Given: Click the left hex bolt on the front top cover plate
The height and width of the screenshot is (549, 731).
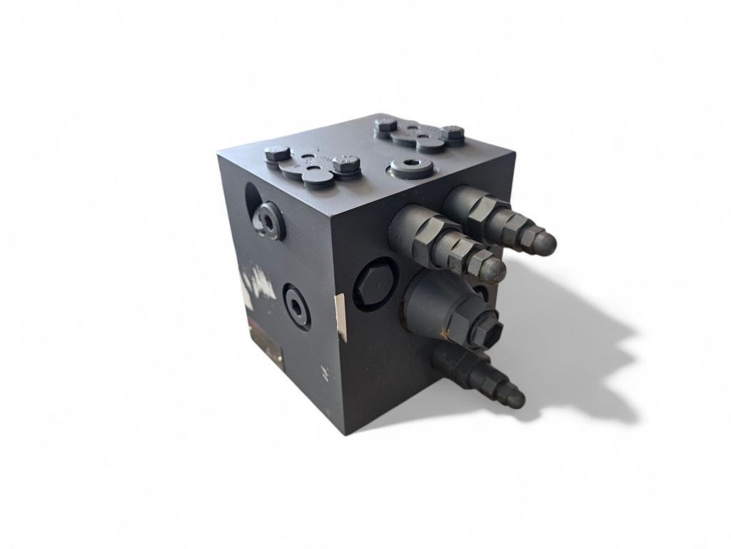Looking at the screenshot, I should click(x=277, y=154).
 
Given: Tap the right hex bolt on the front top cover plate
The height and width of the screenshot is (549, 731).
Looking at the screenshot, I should click(x=346, y=164).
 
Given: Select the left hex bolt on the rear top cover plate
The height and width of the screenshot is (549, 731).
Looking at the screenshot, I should click(x=385, y=125).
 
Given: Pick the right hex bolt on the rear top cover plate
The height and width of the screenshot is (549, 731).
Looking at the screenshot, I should click(x=452, y=133).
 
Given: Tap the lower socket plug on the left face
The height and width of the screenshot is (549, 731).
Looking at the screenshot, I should click(x=296, y=306).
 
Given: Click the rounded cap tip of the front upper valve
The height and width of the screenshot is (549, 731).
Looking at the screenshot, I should click(x=493, y=269).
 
